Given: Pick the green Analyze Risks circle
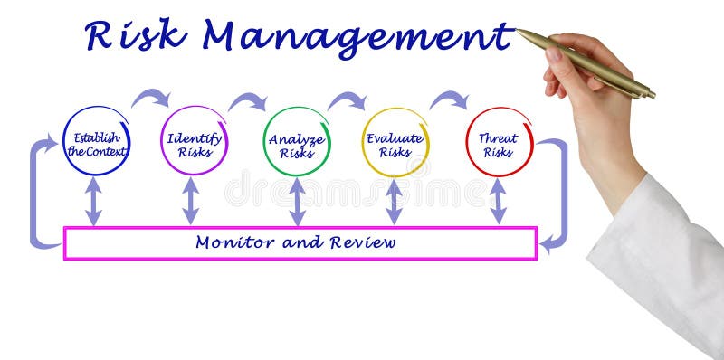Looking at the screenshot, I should pyautogui.click(x=297, y=142).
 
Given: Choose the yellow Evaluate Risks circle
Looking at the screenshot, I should pyautogui.click(x=395, y=142).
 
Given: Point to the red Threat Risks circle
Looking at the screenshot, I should pyautogui.click(x=499, y=142).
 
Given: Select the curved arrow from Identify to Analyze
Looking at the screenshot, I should pyautogui.click(x=247, y=99).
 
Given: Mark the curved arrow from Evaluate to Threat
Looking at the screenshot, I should pyautogui.click(x=448, y=99).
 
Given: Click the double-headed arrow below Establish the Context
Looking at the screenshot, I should pyautogui.click(x=93, y=201).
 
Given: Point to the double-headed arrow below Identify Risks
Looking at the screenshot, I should pyautogui.click(x=190, y=201).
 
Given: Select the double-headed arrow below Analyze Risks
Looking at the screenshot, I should pyautogui.click(x=297, y=201).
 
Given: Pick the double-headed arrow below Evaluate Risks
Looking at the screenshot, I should pyautogui.click(x=394, y=201).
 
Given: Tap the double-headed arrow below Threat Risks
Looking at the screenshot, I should pyautogui.click(x=498, y=201).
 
